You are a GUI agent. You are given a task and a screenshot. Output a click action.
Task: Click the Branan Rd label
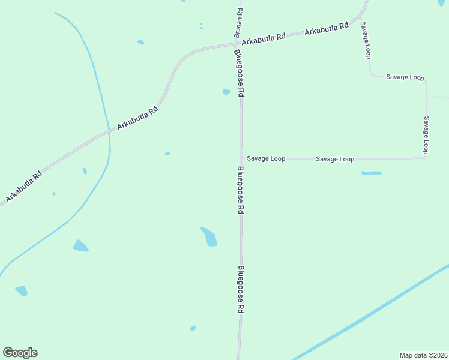tap(239, 20)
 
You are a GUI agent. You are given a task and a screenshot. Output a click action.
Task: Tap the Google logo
tap(20, 353)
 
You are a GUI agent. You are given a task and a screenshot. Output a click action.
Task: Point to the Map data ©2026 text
tap(424, 355)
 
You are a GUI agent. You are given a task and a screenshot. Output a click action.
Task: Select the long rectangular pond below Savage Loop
tap(371, 173)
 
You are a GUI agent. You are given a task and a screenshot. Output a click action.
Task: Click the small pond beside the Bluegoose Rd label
tap(226, 92)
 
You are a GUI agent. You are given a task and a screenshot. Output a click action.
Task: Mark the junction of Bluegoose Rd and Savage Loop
tap(241, 159)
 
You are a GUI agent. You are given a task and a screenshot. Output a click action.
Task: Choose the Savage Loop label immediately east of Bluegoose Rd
tap(266, 159)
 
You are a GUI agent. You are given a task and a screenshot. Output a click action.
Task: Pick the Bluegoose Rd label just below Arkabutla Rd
tap(240, 73)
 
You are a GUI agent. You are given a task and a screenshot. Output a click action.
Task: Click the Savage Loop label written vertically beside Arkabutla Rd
tap(365, 40)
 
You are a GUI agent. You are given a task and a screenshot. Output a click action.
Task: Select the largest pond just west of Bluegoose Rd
tap(208, 236)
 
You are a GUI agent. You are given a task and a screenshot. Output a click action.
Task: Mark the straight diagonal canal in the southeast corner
tap(372, 312)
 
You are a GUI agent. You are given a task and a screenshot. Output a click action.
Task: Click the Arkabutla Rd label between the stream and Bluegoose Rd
tap(137, 118)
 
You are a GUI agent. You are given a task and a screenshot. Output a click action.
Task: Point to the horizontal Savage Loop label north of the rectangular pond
tap(335, 159)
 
